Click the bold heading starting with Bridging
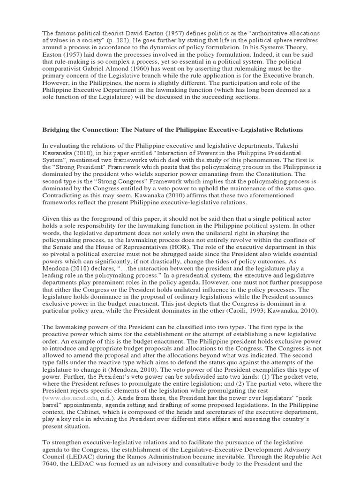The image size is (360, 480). point(172,129)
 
